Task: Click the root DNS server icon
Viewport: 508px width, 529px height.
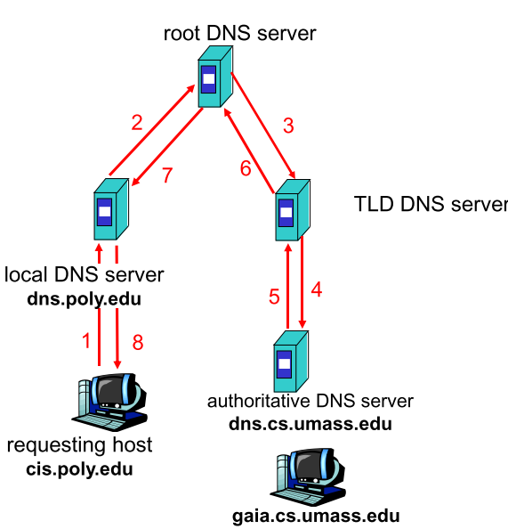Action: (x=215, y=77)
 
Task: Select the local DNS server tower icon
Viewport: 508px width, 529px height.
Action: (x=111, y=209)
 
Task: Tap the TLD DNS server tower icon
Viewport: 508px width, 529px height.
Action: (x=293, y=210)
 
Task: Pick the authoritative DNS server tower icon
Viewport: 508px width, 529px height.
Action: (x=291, y=362)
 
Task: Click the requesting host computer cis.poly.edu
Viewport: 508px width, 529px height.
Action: (x=109, y=402)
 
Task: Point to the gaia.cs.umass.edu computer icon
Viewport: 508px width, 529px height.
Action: (x=308, y=476)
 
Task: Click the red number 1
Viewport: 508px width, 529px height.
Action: (x=86, y=340)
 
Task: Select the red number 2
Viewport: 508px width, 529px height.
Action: (x=137, y=123)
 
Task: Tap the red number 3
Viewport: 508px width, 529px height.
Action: (x=288, y=126)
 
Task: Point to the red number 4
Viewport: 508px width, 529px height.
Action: (x=317, y=289)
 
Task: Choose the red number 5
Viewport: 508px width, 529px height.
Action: (x=274, y=297)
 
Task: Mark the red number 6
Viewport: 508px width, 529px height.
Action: (x=246, y=168)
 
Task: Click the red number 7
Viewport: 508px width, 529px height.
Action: (x=167, y=175)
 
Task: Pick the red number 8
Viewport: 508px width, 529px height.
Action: (x=138, y=342)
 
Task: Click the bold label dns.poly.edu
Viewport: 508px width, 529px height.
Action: (x=84, y=299)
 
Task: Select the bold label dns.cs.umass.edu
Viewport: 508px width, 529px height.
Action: (x=310, y=424)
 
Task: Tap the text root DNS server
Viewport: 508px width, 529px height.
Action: (x=239, y=34)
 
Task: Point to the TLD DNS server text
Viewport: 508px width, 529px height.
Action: (x=431, y=204)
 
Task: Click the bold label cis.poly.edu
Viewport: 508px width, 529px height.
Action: (x=79, y=469)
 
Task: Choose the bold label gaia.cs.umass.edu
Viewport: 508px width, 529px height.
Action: (x=316, y=517)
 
